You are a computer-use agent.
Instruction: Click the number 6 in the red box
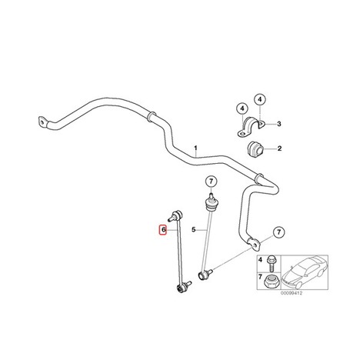click(x=162, y=229)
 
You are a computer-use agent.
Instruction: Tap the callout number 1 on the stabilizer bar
click(x=195, y=148)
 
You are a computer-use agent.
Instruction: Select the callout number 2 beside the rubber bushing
click(x=279, y=148)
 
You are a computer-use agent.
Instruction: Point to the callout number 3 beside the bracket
click(x=279, y=124)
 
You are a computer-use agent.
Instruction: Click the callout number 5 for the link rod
click(x=194, y=229)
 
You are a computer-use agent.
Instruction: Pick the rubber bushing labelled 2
click(x=255, y=148)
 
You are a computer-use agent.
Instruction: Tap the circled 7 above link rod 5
click(x=211, y=182)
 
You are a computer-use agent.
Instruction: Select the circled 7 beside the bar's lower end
click(x=278, y=232)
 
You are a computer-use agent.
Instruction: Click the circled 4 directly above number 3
click(x=260, y=99)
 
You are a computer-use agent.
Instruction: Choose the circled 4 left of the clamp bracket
click(x=242, y=108)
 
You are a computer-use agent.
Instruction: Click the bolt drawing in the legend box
click(x=272, y=263)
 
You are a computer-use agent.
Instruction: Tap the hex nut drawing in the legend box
click(x=270, y=281)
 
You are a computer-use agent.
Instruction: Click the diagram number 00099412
click(x=292, y=293)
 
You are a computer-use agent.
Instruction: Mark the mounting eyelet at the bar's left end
click(x=43, y=122)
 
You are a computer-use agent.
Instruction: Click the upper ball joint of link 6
click(x=175, y=215)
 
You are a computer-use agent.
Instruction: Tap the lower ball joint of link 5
click(x=204, y=274)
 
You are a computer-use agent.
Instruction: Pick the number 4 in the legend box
click(x=261, y=260)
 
